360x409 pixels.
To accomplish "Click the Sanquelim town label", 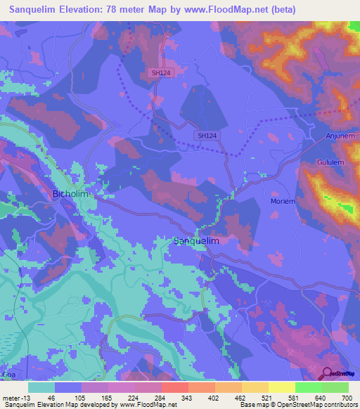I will [x=196, y=241].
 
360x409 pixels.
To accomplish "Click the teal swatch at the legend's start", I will [x=41, y=387].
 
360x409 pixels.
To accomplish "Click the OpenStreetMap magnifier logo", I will [x=328, y=373].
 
